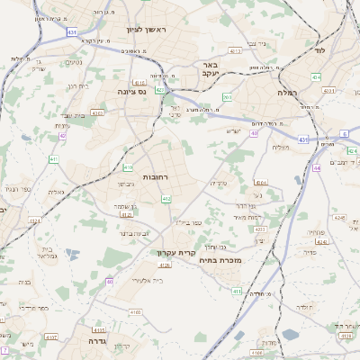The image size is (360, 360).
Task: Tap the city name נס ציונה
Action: (132, 92)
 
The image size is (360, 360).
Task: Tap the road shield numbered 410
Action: (128, 167)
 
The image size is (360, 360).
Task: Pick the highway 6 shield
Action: (344, 133)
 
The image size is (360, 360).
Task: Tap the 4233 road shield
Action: (260, 230)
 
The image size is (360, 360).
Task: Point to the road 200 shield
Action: (228, 96)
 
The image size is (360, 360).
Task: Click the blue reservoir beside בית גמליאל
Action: (72, 254)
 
